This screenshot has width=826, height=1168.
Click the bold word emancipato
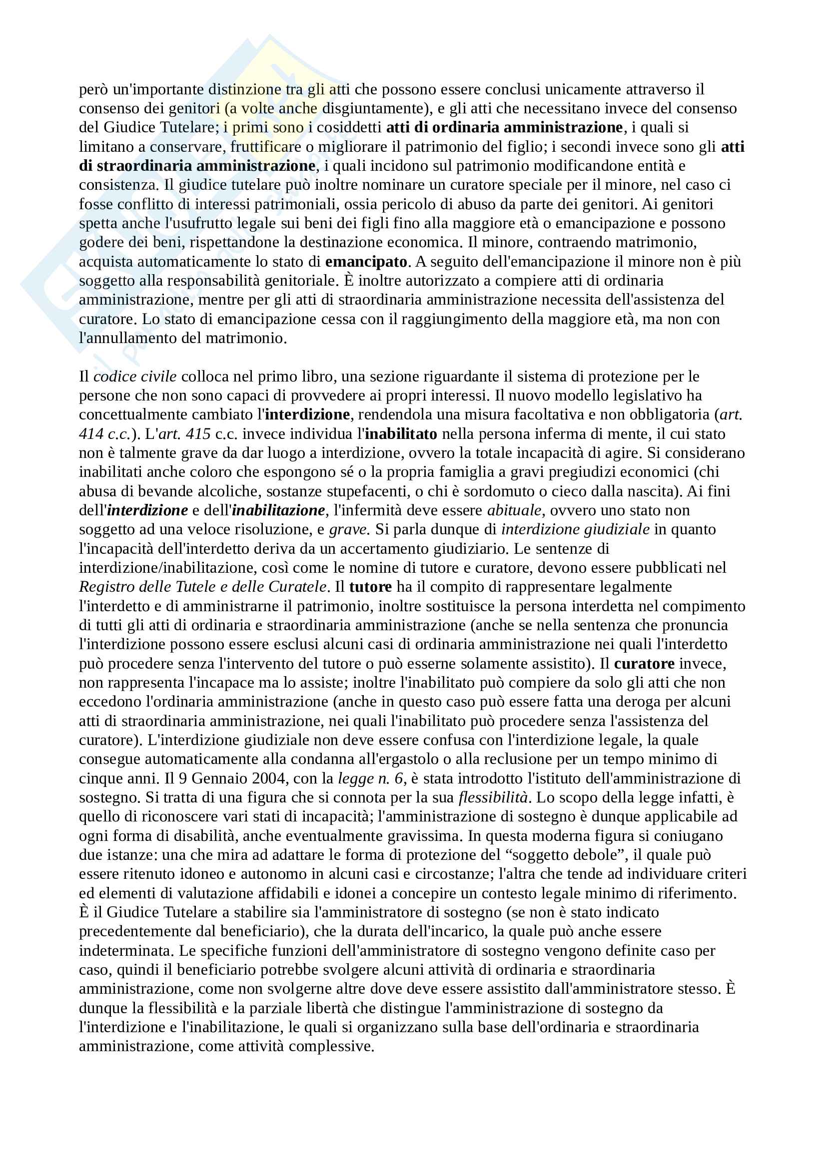366,262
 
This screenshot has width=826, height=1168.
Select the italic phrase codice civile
135,377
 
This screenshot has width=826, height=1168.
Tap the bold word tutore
370,587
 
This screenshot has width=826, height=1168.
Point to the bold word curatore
644,663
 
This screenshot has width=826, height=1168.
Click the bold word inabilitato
401,434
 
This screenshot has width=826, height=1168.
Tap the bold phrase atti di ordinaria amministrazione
504,127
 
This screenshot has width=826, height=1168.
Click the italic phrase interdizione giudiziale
575,529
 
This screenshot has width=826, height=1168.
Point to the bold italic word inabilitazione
278,510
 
